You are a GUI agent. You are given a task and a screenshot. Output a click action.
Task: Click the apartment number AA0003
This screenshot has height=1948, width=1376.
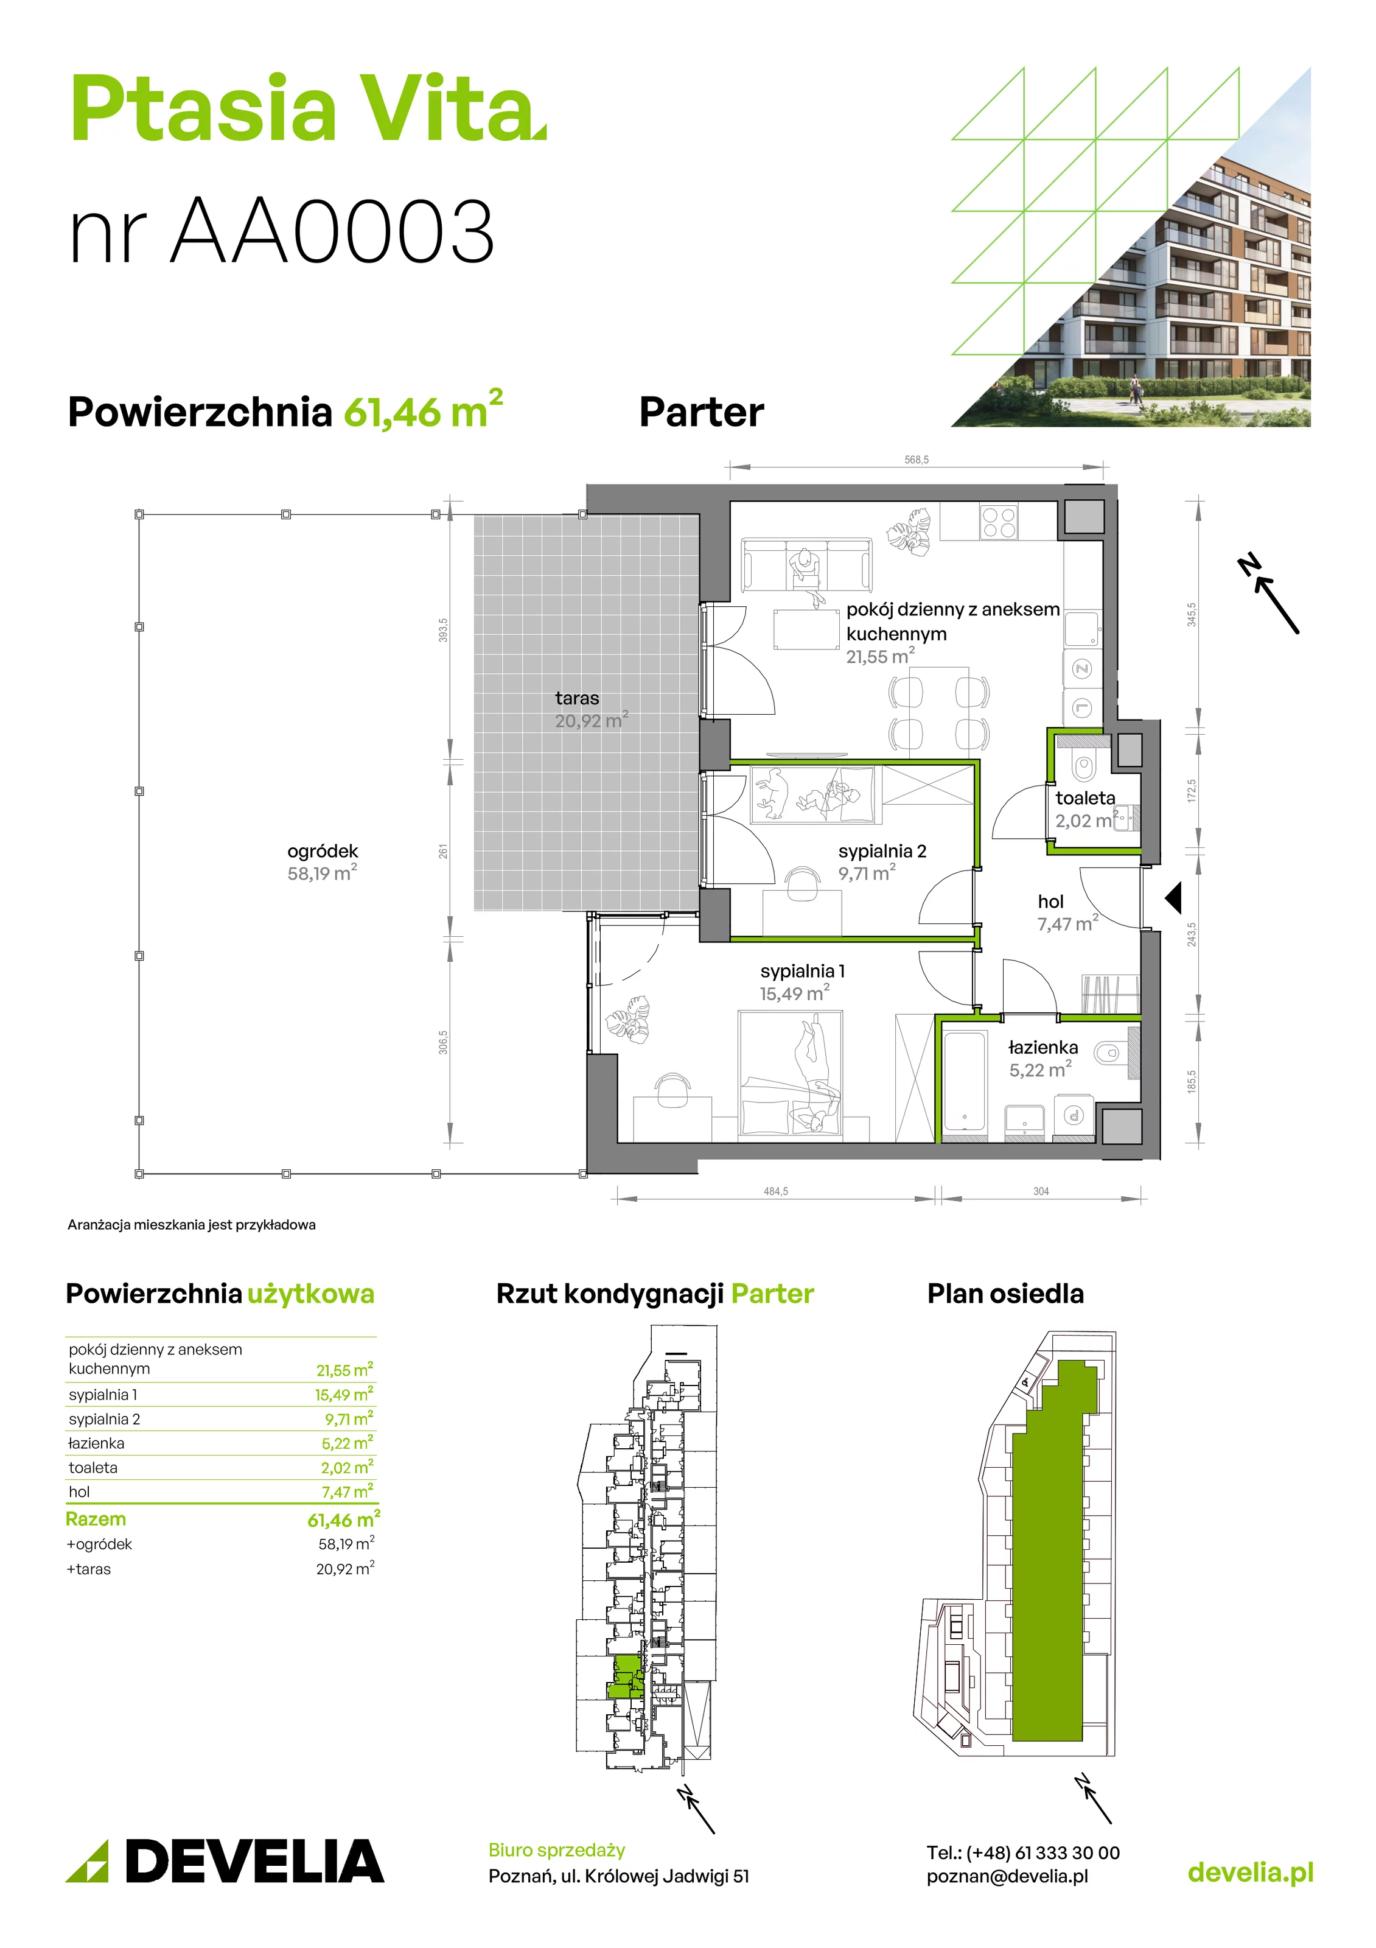coord(332,231)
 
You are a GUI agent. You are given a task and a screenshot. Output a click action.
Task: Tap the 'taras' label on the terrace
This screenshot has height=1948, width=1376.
coord(577,698)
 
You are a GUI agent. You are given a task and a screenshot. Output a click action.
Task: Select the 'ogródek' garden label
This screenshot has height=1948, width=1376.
coord(323,851)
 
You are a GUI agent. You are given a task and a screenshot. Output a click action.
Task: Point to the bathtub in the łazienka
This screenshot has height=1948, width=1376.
coord(965,1081)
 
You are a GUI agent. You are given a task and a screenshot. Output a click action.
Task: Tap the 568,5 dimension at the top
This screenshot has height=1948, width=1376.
coord(916,460)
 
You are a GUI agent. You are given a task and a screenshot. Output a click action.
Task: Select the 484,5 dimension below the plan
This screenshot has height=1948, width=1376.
coord(775,1191)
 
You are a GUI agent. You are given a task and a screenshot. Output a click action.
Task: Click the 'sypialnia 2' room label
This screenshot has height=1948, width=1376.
coord(882,851)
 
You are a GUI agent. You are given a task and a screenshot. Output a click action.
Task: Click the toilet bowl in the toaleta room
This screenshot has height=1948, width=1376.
coord(1083,766)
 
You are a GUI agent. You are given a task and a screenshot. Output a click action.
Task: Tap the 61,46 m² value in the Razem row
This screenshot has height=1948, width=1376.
coord(344,1519)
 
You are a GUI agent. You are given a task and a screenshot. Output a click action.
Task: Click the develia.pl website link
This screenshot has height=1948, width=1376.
coord(1251,1873)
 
